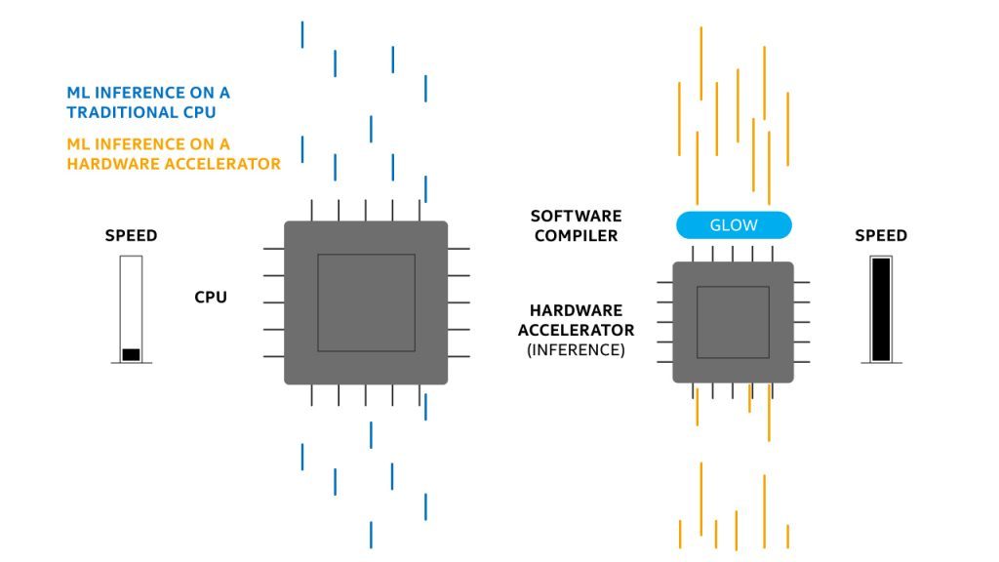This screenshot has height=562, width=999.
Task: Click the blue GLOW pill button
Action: (734, 225)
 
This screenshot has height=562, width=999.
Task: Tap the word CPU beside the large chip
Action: (211, 297)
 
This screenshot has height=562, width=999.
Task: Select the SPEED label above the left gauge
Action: (131, 236)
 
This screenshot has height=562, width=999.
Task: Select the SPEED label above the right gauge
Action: (881, 236)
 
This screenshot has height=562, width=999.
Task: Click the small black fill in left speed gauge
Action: (131, 354)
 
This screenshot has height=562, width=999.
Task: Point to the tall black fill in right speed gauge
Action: (881, 309)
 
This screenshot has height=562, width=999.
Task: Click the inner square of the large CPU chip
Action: (366, 302)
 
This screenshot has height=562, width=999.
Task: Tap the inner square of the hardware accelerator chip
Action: (733, 322)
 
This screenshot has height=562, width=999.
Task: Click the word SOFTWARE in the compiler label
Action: (576, 216)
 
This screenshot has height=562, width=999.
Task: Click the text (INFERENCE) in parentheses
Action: (576, 349)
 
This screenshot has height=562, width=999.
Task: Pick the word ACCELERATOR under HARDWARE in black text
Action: (576, 330)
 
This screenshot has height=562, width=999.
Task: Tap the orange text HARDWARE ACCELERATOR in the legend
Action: (174, 163)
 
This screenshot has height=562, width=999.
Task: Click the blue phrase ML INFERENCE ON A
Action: (148, 93)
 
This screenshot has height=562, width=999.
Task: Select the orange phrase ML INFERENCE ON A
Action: (148, 143)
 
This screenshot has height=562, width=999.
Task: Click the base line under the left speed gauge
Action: (131, 363)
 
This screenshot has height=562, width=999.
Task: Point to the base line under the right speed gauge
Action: (881, 363)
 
